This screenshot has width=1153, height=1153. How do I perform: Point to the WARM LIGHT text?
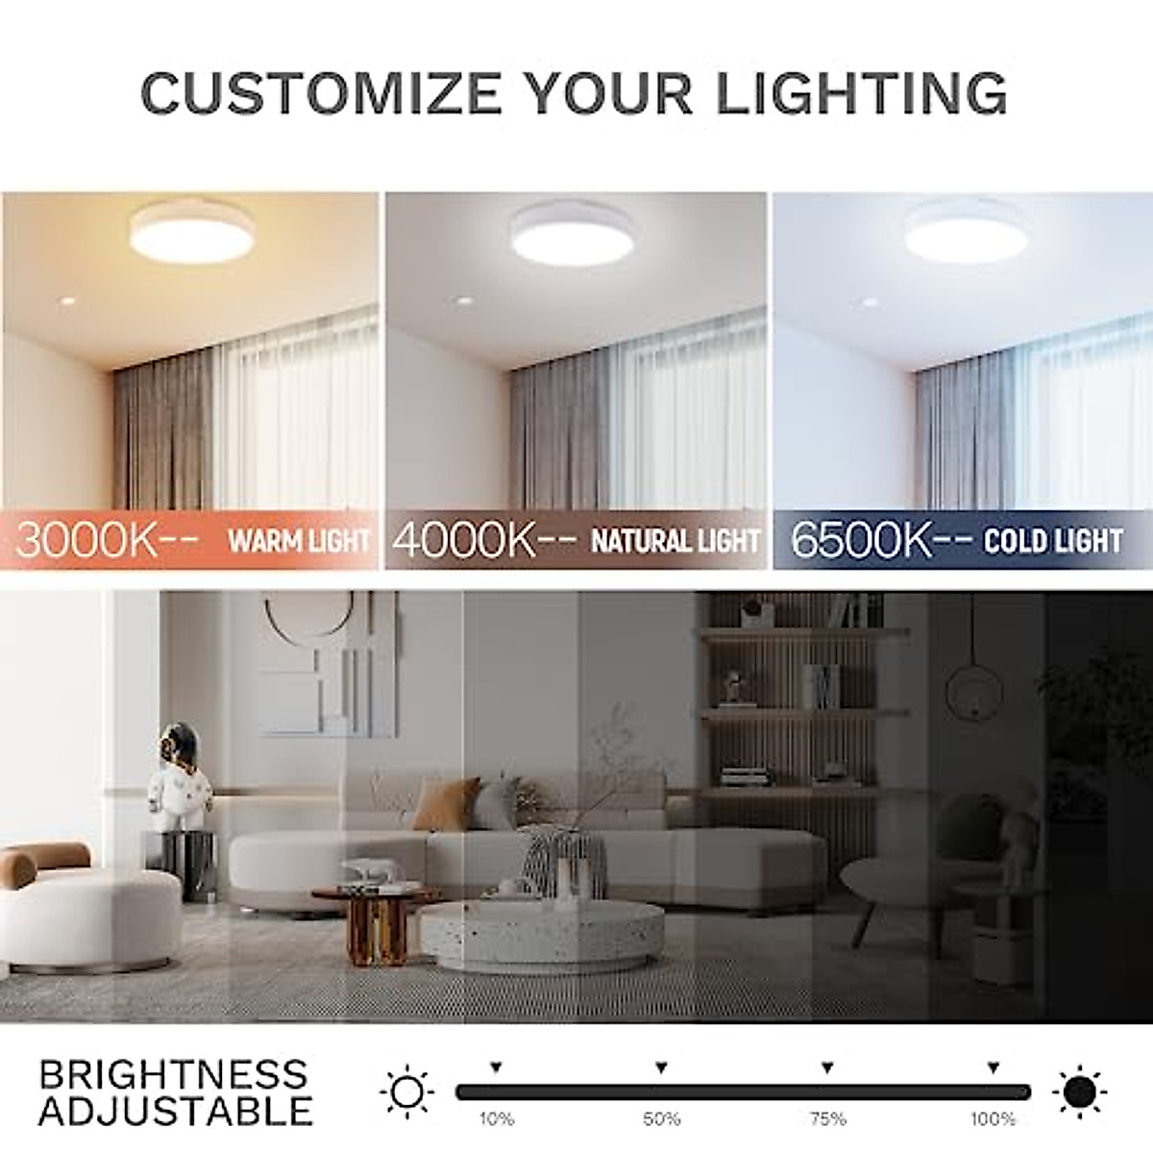coord(299,541)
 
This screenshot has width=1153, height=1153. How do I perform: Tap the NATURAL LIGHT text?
coord(675,541)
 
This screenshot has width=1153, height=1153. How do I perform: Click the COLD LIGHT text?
coord(1053,541)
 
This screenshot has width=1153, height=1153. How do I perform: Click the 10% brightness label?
coord(496,1118)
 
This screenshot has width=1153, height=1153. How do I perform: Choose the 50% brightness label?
coord(661,1118)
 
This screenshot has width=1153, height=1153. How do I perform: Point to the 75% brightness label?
coord(827,1118)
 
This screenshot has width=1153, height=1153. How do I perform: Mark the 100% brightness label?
coord(993,1118)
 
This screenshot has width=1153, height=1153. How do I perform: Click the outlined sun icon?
coord(406,1092)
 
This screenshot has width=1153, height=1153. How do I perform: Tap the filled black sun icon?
coord(1079,1092)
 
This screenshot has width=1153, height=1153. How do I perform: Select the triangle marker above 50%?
coord(661,1067)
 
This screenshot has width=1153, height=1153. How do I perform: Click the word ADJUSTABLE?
coord(176,1110)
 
